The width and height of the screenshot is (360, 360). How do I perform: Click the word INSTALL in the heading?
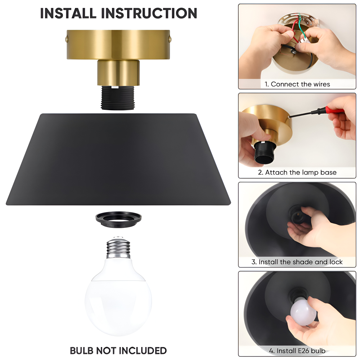coord(68,13)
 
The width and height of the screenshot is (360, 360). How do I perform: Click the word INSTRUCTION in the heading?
coord(149,13)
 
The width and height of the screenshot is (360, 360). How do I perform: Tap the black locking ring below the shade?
coord(118,220)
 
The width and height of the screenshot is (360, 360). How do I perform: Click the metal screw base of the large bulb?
coord(118,248)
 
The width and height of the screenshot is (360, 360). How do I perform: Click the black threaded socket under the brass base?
coord(118,97)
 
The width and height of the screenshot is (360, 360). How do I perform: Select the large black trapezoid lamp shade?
coord(118,159)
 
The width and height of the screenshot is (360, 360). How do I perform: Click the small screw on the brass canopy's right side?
coord(170,39)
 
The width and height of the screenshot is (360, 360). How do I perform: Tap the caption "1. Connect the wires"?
coord(297,84)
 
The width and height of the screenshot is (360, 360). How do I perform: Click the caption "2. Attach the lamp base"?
coord(297,172)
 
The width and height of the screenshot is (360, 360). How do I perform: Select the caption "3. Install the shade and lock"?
coord(297,262)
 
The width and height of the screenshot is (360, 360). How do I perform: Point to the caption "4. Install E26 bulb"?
coord(297,351)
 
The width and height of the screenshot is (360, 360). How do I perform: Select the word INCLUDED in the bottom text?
coord(143,351)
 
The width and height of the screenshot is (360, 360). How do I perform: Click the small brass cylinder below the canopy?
coord(118,73)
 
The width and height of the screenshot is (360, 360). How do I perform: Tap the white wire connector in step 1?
coord(303,41)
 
